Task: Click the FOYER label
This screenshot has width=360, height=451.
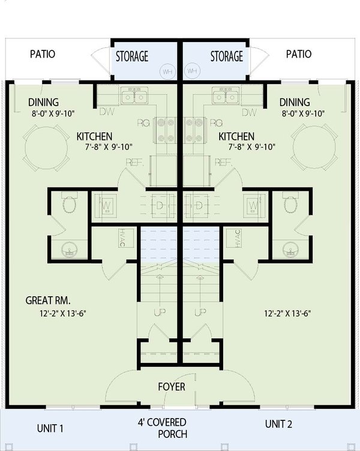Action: point(171,387)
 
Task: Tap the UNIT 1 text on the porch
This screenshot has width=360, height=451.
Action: point(50,428)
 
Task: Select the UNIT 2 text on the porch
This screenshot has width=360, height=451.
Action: point(278,424)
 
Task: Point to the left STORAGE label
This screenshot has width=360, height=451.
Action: point(131,56)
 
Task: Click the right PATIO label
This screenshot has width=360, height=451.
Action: point(299,54)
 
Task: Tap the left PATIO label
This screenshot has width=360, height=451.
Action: point(42,54)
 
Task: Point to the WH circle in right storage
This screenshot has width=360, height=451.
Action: point(193,71)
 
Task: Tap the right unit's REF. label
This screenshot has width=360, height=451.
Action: point(223,162)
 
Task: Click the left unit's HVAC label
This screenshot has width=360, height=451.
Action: point(122,238)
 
